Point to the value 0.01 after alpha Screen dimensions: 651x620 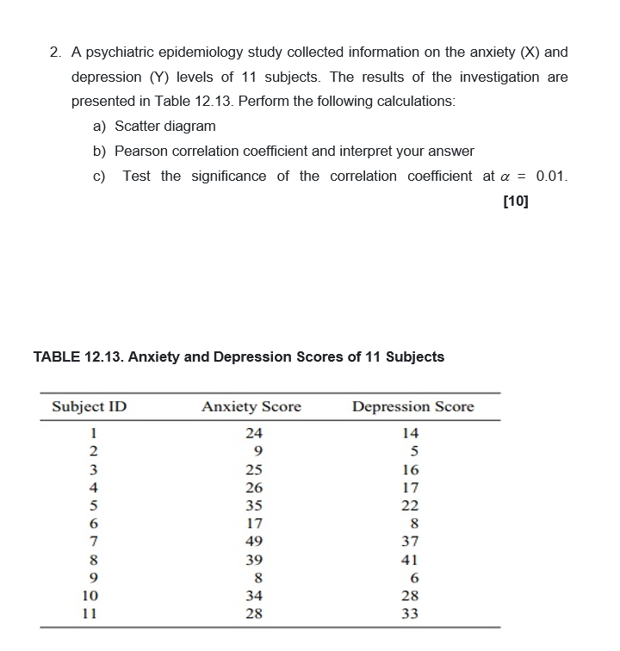tap(551, 176)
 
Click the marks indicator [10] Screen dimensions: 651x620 tap(515, 201)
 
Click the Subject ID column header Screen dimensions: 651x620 tap(90, 406)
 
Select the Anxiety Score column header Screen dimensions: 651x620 tap(251, 406)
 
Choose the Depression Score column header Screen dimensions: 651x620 tap(412, 406)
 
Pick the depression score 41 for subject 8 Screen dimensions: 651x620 tap(411, 560)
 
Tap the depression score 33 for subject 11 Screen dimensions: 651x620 tap(411, 614)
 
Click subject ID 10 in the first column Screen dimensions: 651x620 tap(90, 596)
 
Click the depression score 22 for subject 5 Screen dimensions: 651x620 tap(411, 505)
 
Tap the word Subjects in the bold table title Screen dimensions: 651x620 tap(415, 356)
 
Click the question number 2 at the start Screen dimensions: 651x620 tap(53, 53)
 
